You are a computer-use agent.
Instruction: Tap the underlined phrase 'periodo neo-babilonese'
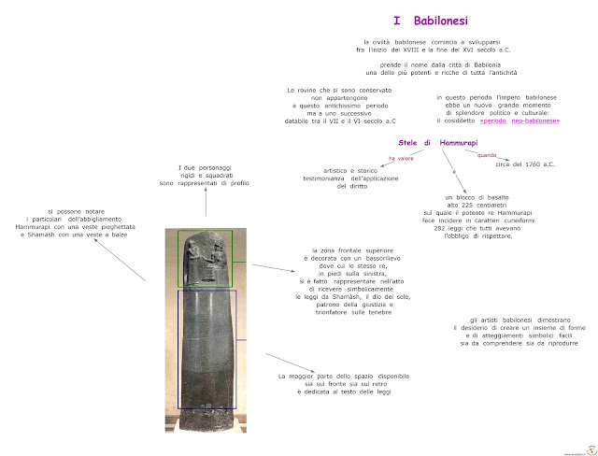pos(520,121)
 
